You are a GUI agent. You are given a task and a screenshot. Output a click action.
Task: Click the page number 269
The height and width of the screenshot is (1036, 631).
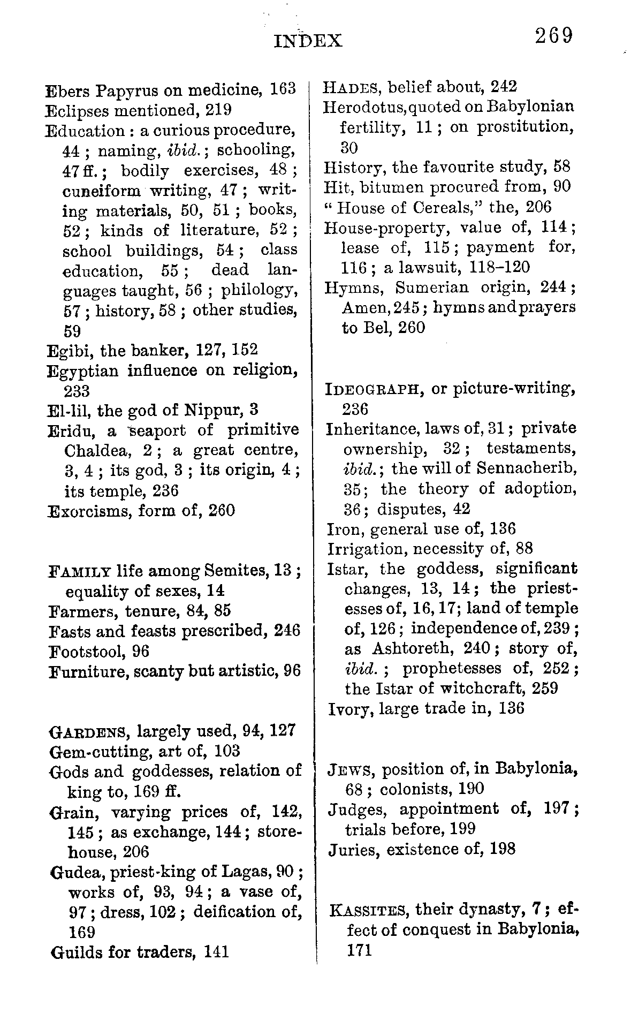coord(553,36)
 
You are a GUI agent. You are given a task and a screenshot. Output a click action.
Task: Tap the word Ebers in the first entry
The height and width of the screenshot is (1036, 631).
coord(69,89)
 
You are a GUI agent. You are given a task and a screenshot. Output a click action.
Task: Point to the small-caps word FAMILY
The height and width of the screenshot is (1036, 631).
coord(80,571)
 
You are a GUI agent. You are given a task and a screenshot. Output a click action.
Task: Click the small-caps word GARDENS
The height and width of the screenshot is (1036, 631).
coord(90,731)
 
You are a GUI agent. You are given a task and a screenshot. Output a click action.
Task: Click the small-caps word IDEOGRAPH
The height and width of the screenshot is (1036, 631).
coord(375,389)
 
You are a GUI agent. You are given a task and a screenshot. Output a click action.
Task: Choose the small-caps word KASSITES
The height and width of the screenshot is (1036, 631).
coord(370,910)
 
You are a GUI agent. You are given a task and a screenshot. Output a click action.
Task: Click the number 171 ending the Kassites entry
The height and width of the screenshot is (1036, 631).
coord(359,950)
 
